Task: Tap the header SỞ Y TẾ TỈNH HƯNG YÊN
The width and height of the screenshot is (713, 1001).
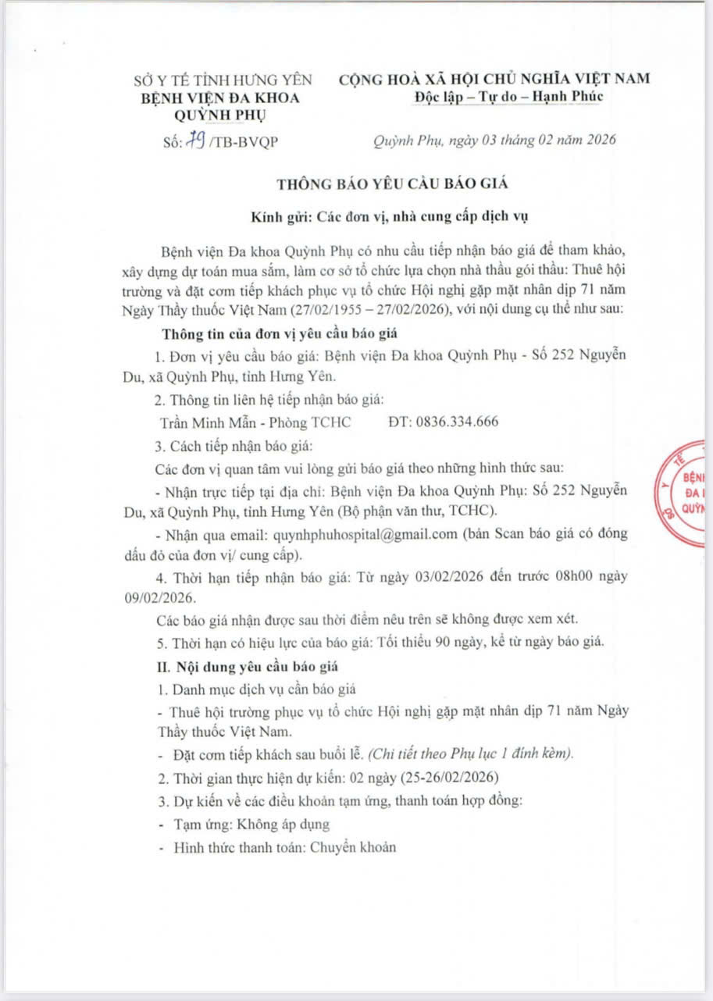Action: pyautogui.click(x=222, y=79)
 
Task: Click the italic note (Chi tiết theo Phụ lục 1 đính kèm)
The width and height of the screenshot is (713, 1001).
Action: pyautogui.click(x=472, y=754)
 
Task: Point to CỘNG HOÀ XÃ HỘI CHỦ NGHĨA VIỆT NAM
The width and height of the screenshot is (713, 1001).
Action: pyautogui.click(x=494, y=78)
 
